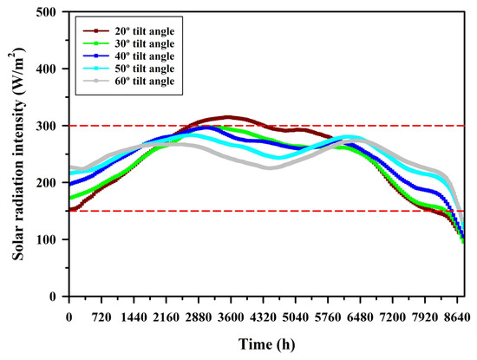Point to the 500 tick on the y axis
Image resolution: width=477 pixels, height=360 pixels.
(x=46, y=12)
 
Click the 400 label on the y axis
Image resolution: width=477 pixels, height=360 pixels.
(x=46, y=69)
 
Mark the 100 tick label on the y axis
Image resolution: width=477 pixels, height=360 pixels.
(x=46, y=239)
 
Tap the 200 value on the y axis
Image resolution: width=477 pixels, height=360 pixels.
(x=46, y=183)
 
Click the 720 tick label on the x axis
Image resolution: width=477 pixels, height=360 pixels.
(x=101, y=317)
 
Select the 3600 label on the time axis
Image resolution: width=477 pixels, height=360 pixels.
(x=231, y=317)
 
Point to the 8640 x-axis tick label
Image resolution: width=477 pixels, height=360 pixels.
(x=457, y=317)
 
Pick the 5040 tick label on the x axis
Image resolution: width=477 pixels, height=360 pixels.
(x=296, y=317)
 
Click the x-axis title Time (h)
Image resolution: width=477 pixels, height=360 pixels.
(x=267, y=344)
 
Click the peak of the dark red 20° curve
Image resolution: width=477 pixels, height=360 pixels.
(x=228, y=117)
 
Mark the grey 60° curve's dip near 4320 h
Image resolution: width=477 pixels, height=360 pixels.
(x=269, y=167)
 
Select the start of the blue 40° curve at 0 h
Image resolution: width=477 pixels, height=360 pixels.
(x=69, y=184)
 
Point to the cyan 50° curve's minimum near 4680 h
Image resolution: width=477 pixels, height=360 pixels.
(x=279, y=158)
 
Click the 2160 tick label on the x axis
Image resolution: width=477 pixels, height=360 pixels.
(x=167, y=317)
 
